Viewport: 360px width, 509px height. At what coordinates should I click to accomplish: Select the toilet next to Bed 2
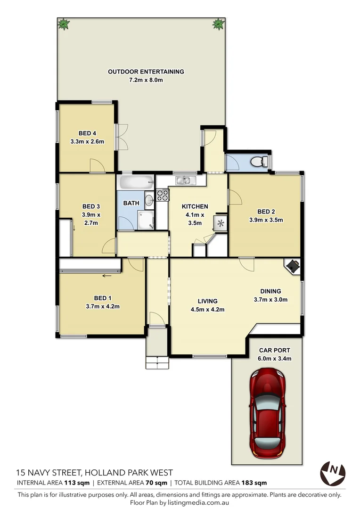pos(257,162)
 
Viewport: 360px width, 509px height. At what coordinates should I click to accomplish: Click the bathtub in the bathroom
pos(136,181)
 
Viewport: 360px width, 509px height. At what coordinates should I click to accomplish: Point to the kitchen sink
pos(182,180)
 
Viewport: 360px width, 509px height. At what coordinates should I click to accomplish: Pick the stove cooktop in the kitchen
pos(162,195)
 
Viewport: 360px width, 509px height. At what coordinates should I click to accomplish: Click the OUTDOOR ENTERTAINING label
pos(146,72)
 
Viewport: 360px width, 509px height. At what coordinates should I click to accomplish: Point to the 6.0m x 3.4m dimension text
pos(274,359)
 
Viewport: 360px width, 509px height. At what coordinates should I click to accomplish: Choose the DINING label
pos(270,291)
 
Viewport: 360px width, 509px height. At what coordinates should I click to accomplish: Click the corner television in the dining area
pos(293,266)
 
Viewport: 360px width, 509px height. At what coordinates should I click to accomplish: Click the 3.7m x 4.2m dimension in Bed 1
pos(103,306)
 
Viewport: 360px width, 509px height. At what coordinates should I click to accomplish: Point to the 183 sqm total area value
pos(254,483)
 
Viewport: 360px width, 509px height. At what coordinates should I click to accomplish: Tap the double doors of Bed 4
pos(123,136)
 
